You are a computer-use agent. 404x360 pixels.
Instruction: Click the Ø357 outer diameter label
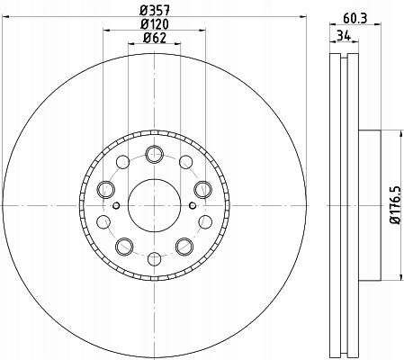point(155,11)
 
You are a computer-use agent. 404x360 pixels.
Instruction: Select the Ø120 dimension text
point(155,24)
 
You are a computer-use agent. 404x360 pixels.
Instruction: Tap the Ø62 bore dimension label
point(155,38)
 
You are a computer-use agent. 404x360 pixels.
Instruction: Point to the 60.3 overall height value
point(355,19)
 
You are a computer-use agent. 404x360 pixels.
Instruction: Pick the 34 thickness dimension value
point(344,36)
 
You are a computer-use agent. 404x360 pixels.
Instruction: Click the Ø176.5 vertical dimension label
point(395,204)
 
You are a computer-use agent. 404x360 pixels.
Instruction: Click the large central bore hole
point(154,205)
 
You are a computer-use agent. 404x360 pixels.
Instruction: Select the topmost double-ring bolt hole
point(154,154)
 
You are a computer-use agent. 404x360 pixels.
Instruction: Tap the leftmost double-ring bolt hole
point(106,190)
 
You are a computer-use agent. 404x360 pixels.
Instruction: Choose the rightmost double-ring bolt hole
point(202,190)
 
